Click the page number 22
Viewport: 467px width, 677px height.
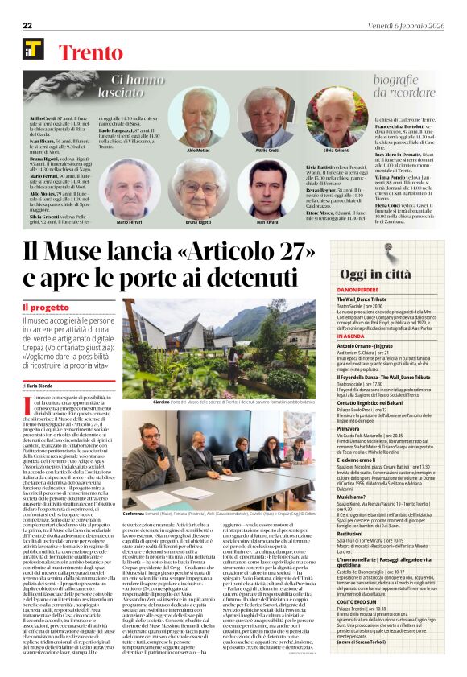27,25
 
